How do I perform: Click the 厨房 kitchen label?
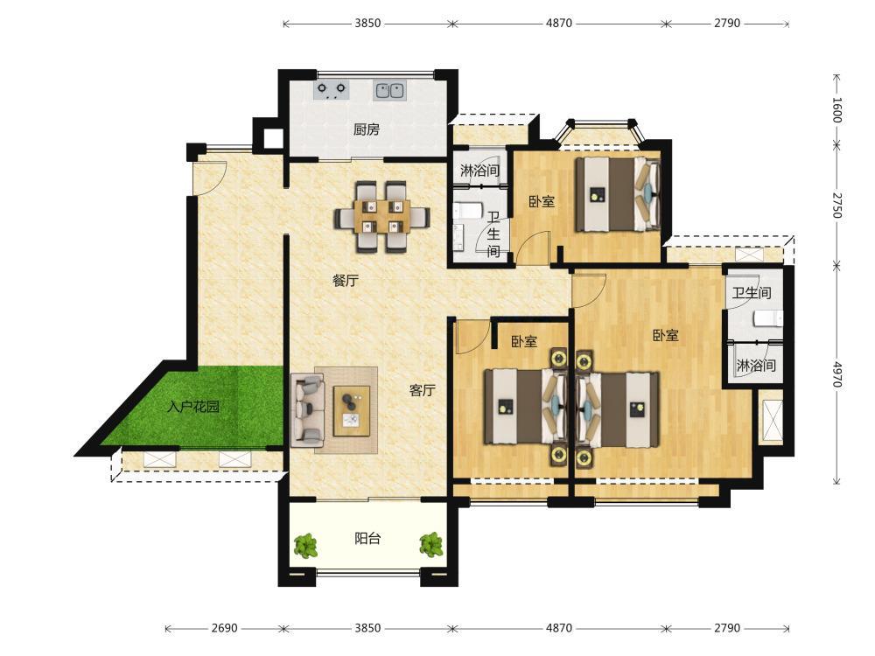click(x=366, y=129)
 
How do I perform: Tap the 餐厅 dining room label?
click(x=346, y=280)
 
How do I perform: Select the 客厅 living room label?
click(x=422, y=390)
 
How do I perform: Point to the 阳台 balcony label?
click(x=367, y=538)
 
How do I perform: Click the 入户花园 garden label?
click(x=193, y=406)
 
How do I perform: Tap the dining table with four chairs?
click(x=382, y=216)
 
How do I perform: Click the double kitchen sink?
click(x=389, y=90)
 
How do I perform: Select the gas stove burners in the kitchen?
click(x=332, y=90)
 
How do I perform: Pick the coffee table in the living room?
click(x=352, y=411)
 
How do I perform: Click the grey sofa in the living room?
click(x=308, y=411)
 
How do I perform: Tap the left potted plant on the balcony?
click(x=305, y=546)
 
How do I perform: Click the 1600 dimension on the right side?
click(x=837, y=109)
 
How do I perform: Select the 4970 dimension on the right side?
click(x=837, y=374)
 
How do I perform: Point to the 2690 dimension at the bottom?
click(x=224, y=628)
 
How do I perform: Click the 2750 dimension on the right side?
click(x=837, y=206)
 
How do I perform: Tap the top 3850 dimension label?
click(x=367, y=23)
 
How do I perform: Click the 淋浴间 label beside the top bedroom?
click(x=479, y=171)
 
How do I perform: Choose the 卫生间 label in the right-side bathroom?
click(x=752, y=292)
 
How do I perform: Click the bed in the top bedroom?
click(x=618, y=194)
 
